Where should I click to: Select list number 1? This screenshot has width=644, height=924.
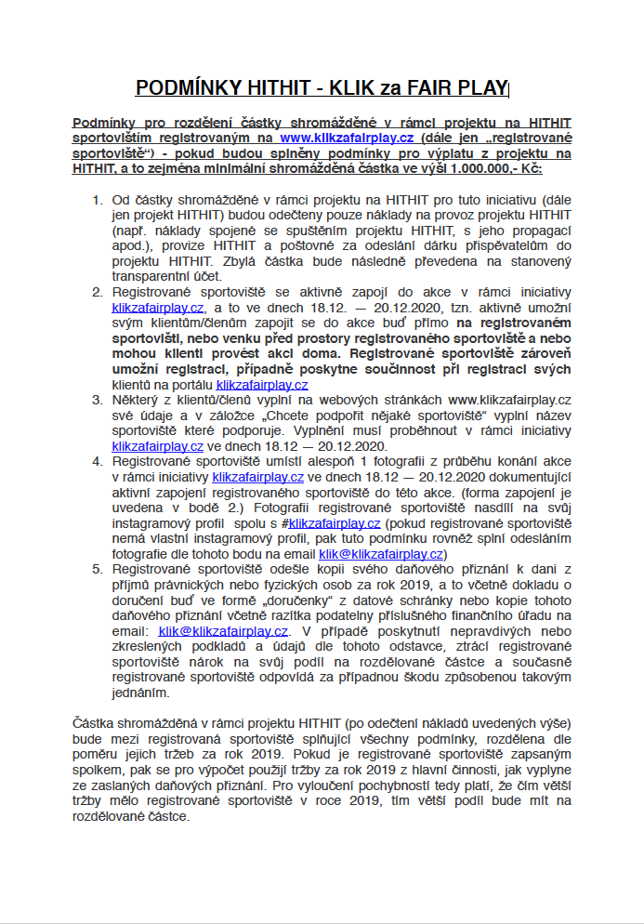pos(97,200)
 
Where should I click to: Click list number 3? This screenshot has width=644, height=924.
pos(97,400)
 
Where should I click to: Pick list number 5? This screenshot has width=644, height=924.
pos(97,569)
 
